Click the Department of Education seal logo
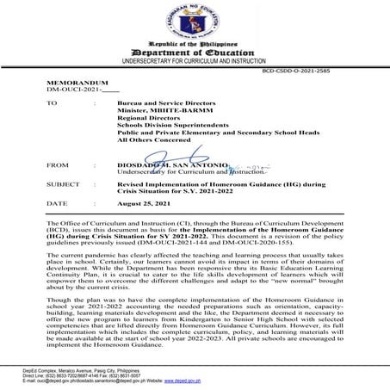click(194, 21)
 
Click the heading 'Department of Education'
click(194, 52)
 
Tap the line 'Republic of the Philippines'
click(194, 42)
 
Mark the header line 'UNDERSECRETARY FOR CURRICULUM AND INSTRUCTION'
click(194, 63)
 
